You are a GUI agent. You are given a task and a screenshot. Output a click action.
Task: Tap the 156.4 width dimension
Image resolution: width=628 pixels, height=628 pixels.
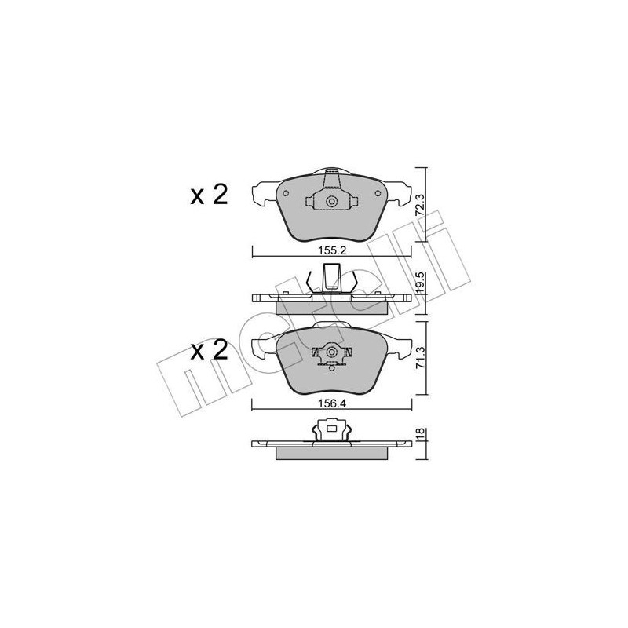(x=330, y=407)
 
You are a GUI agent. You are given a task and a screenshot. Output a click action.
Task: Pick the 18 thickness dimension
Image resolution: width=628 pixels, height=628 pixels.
(x=422, y=436)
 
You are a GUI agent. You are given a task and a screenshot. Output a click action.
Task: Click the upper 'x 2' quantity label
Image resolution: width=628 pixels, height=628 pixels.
(x=208, y=194)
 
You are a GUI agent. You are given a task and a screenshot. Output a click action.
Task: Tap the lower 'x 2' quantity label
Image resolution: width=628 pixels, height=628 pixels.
(x=208, y=349)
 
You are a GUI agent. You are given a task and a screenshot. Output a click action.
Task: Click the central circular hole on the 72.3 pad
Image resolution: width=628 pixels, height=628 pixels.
(x=331, y=203)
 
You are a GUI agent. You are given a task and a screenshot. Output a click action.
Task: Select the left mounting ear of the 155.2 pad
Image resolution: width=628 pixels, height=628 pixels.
(x=264, y=191)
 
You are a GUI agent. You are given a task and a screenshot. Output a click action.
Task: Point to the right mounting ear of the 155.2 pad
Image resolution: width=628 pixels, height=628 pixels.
(x=398, y=191)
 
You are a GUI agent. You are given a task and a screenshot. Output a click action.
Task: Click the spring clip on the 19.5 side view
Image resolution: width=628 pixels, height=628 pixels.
(x=331, y=279)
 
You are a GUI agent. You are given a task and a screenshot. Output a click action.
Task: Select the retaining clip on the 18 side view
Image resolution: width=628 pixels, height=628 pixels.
(x=331, y=432)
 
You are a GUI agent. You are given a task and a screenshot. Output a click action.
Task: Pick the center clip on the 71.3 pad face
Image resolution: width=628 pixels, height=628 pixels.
(x=331, y=356)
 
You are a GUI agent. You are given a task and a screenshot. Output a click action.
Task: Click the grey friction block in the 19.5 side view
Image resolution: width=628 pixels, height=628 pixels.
(x=331, y=307)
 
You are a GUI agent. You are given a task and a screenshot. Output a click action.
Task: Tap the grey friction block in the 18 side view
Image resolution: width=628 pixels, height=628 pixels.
(x=331, y=453)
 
